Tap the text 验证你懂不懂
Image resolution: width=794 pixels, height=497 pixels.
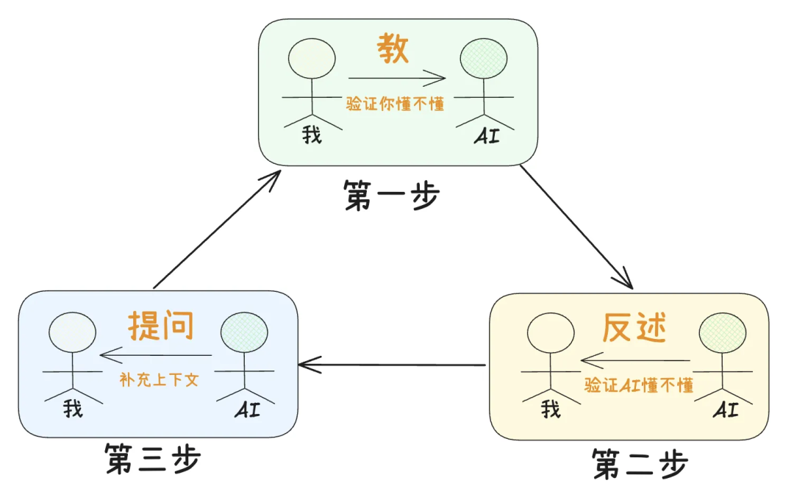(x=396, y=104)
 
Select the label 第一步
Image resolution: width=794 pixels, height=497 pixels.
(x=391, y=196)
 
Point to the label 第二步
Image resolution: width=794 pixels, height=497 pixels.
(x=640, y=464)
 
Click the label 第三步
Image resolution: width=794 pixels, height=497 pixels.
(x=152, y=460)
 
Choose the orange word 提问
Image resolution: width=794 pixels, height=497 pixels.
(x=161, y=325)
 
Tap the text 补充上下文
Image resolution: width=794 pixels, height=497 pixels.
(x=159, y=382)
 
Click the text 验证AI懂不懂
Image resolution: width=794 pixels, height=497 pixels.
(x=639, y=385)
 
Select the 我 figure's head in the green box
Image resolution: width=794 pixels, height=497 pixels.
(x=312, y=59)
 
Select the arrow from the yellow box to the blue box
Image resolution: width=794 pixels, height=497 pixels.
(x=392, y=364)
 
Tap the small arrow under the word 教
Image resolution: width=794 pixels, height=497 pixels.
(x=397, y=77)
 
